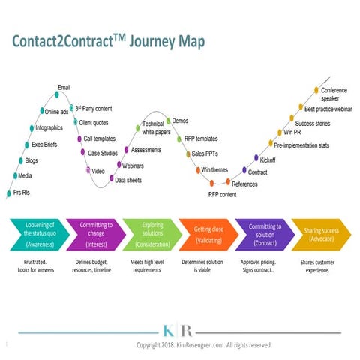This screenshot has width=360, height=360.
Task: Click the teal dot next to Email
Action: pyautogui.click(x=57, y=94)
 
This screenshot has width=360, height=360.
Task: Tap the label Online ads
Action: pyautogui.click(x=56, y=112)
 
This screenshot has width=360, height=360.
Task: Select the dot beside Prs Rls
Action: pyautogui.click(x=9, y=193)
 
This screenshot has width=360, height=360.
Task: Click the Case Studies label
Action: pyautogui.click(x=103, y=153)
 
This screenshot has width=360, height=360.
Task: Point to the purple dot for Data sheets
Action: pyautogui.click(x=112, y=178)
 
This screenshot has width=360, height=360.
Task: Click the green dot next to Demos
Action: pyautogui.click(x=168, y=121)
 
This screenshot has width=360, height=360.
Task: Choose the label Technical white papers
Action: pyautogui.click(x=156, y=127)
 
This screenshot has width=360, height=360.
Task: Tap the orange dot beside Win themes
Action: pyautogui.click(x=198, y=170)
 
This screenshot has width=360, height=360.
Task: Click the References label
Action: pyautogui.click(x=244, y=184)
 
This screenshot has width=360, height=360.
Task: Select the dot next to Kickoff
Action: pyautogui.click(x=256, y=158)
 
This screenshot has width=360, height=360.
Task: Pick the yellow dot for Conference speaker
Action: pyautogui.click(x=316, y=90)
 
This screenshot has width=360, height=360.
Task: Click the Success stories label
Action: pyautogui.click(x=313, y=124)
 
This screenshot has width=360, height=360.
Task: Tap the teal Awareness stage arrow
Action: pyautogui.click(x=40, y=235)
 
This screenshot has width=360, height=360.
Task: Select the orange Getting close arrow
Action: pyautogui.click(x=208, y=235)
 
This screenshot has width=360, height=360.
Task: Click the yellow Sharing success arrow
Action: pyautogui.click(x=321, y=235)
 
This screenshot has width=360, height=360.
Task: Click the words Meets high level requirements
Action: pyautogui.click(x=147, y=265)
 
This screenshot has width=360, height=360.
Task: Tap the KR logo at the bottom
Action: pyautogui.click(x=178, y=331)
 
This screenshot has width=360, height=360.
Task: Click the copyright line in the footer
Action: pyautogui.click(x=204, y=345)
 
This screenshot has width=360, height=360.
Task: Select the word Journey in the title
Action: pyautogui.click(x=152, y=41)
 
